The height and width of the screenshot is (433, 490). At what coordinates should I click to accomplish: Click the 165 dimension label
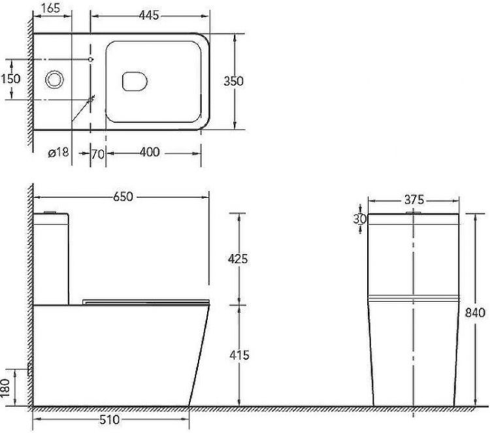[50, 8]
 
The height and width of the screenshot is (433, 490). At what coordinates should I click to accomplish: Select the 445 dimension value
[149, 15]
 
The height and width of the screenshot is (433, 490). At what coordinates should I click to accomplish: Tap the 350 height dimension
[233, 81]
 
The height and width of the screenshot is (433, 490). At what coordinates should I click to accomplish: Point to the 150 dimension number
[10, 79]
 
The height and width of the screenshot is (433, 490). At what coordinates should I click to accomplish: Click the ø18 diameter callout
[58, 152]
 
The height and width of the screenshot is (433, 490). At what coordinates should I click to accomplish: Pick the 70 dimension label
[98, 154]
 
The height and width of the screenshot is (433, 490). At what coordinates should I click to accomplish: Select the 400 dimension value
[150, 152]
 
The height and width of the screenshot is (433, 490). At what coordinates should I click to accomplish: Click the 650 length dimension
[123, 197]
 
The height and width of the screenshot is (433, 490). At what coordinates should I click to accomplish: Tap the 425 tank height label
[238, 259]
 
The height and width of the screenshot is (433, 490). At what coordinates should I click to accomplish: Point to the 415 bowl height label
[239, 355]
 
